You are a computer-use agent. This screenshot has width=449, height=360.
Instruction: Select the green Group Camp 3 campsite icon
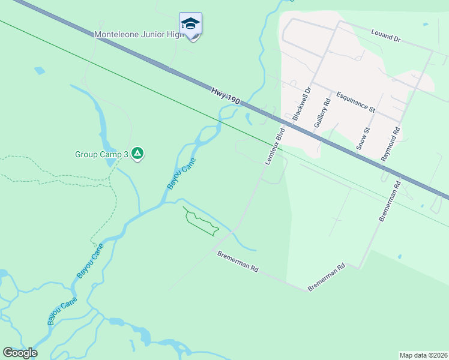click(137, 154)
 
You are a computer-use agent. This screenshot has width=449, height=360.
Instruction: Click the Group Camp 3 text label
click(101, 154)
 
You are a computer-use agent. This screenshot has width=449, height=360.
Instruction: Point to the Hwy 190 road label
click(226, 97)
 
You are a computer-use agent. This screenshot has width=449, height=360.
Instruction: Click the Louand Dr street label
click(385, 35)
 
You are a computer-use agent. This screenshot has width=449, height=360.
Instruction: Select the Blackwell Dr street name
click(302, 104)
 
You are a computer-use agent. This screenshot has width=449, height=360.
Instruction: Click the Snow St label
click(363, 139)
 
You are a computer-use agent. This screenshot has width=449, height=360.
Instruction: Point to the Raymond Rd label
click(391, 143)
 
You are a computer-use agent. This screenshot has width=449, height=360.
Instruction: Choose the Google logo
click(20, 353)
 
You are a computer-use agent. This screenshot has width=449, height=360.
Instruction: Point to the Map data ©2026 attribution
click(423, 355)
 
